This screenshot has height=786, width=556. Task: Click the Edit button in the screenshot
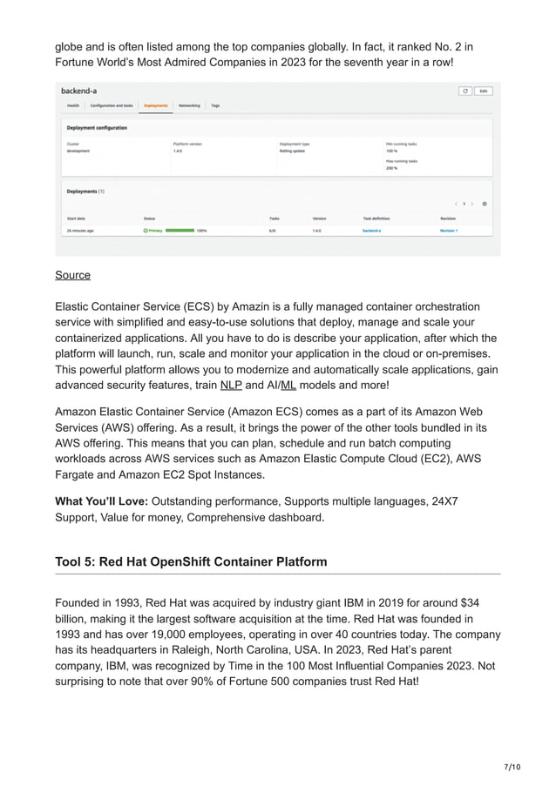[x=484, y=91]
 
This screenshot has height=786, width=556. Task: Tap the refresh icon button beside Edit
[x=465, y=91]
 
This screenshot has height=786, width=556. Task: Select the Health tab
[x=72, y=105]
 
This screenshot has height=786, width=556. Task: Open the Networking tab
[x=189, y=105]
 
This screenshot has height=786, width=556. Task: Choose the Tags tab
[x=215, y=105]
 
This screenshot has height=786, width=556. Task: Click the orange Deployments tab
[x=156, y=105]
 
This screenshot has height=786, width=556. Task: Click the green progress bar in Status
[x=180, y=231]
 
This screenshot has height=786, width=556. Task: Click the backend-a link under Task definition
[x=372, y=231]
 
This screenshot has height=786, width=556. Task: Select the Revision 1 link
[x=449, y=231]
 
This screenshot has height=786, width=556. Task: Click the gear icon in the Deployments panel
[x=485, y=204]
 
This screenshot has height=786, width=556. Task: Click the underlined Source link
[x=72, y=275]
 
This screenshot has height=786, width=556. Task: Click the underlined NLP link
[x=231, y=385]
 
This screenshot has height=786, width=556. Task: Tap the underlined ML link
[x=288, y=385]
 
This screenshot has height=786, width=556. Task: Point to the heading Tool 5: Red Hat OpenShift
[x=191, y=561]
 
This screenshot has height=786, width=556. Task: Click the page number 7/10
[x=512, y=766]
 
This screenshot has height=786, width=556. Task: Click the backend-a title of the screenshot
[x=78, y=91]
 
